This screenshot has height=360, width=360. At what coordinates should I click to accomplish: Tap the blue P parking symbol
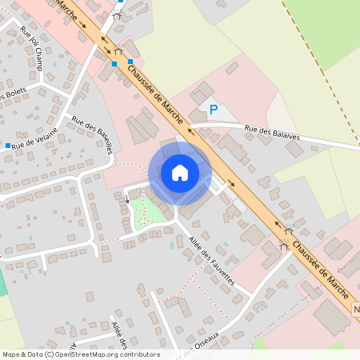tap(213, 110)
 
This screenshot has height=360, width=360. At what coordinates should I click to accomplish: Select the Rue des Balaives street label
tap(272, 133)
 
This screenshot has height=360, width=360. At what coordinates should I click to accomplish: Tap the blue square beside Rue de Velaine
tap(7, 146)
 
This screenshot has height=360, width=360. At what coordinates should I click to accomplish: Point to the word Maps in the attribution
tap(11, 354)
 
